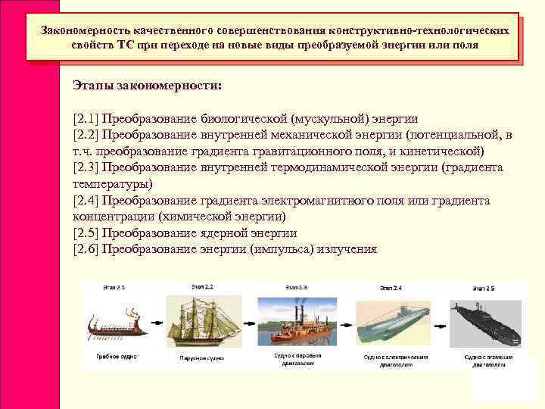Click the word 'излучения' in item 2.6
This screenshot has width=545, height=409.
coord(344,248)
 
